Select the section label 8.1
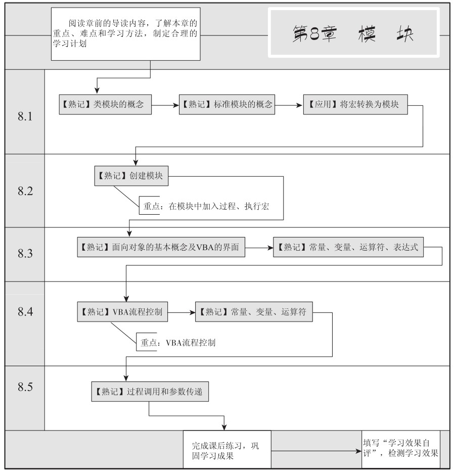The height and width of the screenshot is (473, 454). (x=25, y=116)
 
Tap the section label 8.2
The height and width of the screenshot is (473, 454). (x=25, y=190)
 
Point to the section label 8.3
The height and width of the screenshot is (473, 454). (x=25, y=253)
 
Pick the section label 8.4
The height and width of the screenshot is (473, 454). (x=25, y=311)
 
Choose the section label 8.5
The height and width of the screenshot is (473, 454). (x=25, y=386)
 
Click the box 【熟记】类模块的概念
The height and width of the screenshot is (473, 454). (x=105, y=104)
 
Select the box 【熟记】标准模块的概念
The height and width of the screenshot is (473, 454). (x=226, y=104)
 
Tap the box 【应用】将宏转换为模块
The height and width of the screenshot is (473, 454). (x=355, y=104)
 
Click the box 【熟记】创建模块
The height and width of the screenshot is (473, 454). (x=131, y=176)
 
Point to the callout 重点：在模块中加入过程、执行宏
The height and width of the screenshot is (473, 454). (x=206, y=206)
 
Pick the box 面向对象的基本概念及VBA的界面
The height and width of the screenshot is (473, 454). (x=161, y=247)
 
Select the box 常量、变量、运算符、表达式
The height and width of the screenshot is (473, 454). (x=348, y=247)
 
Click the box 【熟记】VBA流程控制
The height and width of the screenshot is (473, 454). (x=122, y=311)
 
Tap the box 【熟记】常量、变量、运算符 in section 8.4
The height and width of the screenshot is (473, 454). (x=254, y=311)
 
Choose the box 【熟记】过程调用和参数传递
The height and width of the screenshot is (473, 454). (x=150, y=391)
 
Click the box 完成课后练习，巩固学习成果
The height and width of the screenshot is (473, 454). (x=227, y=450)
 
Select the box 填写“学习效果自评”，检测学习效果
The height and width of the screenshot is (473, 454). (x=401, y=449)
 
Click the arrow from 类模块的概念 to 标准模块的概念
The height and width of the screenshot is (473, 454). (x=165, y=105)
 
